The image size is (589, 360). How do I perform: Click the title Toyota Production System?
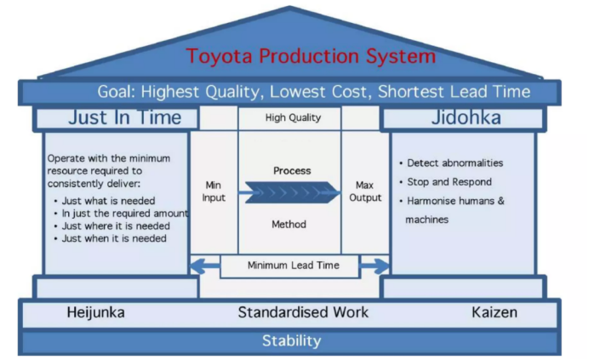coord(311,57)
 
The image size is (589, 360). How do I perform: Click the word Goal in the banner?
coord(116,92)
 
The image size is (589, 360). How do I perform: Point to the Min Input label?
coord(214,191)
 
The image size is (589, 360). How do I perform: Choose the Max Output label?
coord(365,191)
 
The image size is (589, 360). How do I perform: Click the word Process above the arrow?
coord(292,171)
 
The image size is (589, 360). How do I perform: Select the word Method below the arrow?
coord(290,225)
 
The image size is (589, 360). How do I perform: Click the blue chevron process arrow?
coord(289,193)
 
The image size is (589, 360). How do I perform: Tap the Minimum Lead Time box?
coord(293,266)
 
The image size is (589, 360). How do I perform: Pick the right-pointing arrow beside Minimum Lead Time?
coord(375,266)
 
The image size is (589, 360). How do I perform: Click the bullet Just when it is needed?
coord(109,239)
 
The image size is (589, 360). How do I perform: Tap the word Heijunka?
coord(95,312)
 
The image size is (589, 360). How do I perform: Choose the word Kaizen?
coord(494,312)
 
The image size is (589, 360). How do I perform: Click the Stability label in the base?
coord(291,341)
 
